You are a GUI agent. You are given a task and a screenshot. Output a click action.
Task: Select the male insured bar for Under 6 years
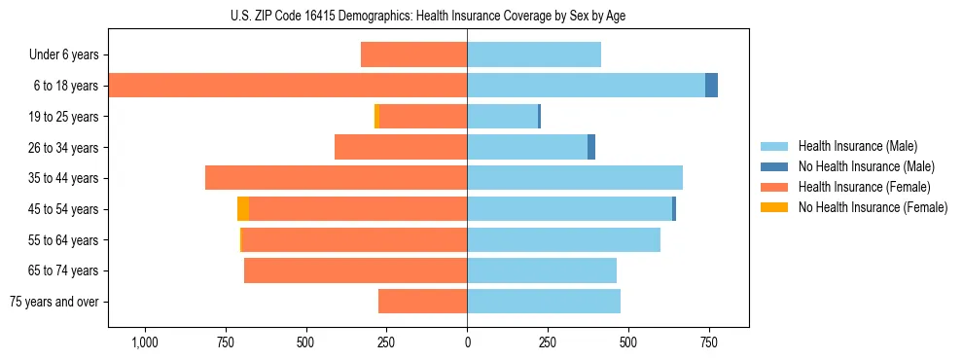(x=534, y=54)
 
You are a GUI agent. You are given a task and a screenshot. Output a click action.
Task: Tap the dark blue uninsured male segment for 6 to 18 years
(x=711, y=86)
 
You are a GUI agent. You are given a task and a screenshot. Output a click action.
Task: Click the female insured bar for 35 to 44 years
(x=336, y=178)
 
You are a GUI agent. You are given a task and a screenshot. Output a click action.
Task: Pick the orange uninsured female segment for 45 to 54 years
(x=243, y=209)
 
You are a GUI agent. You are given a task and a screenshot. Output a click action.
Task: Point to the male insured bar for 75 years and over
(x=544, y=302)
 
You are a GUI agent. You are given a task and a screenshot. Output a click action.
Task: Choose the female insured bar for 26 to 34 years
(x=401, y=147)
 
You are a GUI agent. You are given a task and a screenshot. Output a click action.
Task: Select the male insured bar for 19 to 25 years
(x=503, y=117)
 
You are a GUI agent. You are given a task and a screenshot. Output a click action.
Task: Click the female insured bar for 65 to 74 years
(x=355, y=270)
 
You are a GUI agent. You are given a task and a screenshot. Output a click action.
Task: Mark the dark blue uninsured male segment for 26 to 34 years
(x=591, y=147)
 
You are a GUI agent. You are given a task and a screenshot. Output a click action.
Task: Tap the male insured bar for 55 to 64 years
(x=563, y=239)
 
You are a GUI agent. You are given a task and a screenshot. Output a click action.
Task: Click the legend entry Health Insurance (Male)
(x=857, y=146)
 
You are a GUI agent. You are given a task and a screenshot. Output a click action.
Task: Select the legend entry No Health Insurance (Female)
(x=873, y=207)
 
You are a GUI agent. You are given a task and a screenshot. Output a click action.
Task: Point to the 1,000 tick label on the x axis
(x=144, y=342)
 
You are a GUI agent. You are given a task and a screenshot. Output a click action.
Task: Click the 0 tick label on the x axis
(x=467, y=342)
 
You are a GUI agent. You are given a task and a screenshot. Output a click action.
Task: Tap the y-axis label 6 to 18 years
(x=64, y=86)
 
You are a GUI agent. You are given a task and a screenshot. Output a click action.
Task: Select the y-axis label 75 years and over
(x=53, y=302)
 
